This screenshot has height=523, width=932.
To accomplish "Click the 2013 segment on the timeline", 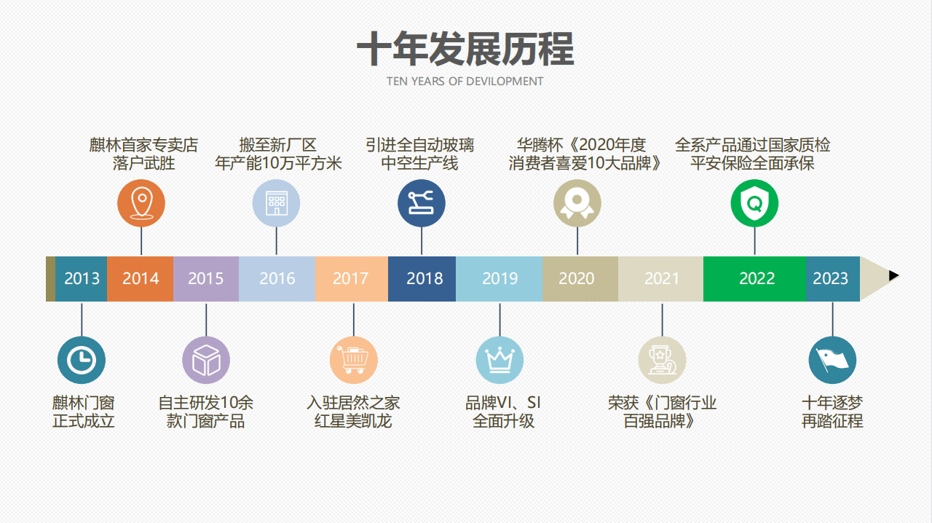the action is click(x=81, y=278).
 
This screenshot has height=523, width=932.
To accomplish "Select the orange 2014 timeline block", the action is click(x=141, y=278).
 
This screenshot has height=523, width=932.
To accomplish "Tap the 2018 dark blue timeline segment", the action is click(x=422, y=278).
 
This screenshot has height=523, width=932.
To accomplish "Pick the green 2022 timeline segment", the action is click(x=755, y=278).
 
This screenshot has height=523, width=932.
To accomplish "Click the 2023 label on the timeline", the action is click(x=831, y=278).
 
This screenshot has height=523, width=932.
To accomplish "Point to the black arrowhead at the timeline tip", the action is click(x=893, y=275).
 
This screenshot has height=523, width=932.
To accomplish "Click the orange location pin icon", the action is click(x=141, y=203).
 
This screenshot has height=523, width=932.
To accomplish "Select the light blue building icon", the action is click(x=276, y=203).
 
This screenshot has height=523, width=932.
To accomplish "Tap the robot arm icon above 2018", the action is click(x=422, y=203).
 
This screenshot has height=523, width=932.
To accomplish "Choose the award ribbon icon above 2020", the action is click(x=577, y=203).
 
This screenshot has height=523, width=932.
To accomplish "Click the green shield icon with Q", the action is click(x=755, y=203).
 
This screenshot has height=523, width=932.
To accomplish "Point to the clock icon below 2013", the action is click(x=82, y=360).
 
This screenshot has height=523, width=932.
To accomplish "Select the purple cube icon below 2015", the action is click(x=206, y=360).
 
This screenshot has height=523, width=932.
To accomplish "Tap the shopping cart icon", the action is click(x=354, y=360).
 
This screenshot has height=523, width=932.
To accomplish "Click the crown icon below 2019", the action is click(x=499, y=360).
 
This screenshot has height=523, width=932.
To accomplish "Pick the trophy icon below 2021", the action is click(x=662, y=360).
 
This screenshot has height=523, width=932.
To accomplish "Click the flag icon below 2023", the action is click(x=832, y=360).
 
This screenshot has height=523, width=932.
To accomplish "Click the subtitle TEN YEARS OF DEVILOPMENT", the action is click(x=465, y=81).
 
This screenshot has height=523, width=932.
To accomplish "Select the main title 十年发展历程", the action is click(x=465, y=49).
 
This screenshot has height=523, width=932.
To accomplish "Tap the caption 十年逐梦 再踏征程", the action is click(x=832, y=412).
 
